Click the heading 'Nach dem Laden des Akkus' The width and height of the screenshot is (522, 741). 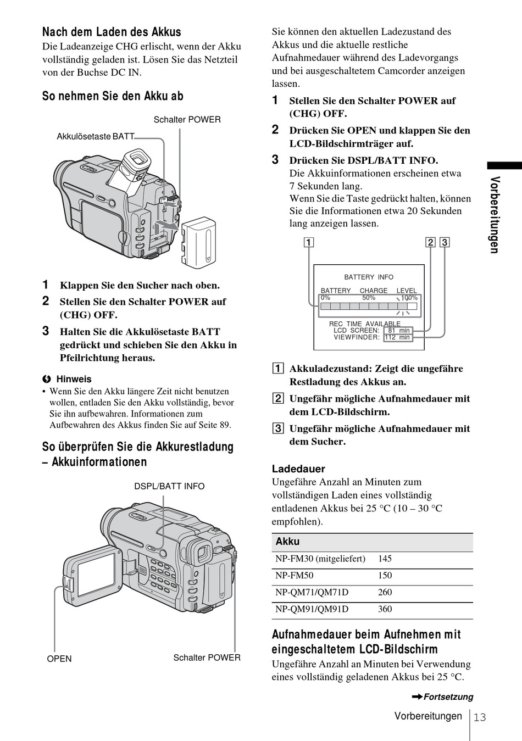coord(112,32)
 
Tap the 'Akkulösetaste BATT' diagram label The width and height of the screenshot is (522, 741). coord(95,136)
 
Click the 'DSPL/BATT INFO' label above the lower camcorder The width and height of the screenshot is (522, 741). coord(169,486)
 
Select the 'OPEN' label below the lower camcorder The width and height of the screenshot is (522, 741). coord(59,659)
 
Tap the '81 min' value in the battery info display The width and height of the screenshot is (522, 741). coord(399,330)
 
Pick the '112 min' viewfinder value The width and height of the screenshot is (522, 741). coord(397,337)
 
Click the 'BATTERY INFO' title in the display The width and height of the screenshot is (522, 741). coord(369,277)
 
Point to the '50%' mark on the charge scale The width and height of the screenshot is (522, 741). coord(369,298)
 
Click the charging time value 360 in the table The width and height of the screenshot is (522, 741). coord(385,609)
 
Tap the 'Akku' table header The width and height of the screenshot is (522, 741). coord(288,542)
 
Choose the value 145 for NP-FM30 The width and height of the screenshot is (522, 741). coord(385,559)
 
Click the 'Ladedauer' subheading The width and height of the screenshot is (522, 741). coord(298,469)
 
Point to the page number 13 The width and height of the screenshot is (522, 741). coord(480,717)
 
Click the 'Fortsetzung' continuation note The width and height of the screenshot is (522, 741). coord(448,697)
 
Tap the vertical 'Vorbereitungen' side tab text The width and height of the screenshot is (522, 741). coord(495,215)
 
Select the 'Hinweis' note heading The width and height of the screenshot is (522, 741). coord(74,379)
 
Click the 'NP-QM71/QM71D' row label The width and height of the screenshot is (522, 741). coord(312,592)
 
